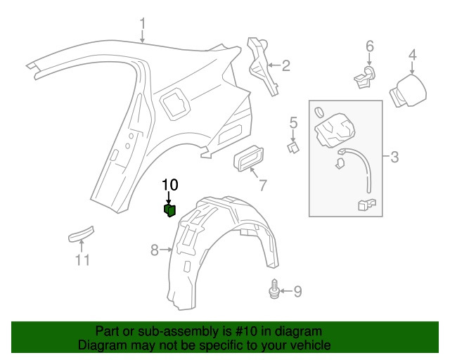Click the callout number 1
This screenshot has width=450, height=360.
click(143, 25)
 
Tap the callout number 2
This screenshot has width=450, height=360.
click(285, 67)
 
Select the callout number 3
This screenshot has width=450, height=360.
click(394, 157)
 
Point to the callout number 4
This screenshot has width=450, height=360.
click(413, 54)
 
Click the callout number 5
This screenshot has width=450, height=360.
click(293, 124)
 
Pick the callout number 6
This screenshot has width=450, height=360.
click(369, 47)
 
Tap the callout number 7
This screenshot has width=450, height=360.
click(263, 186)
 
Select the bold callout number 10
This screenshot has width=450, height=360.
click(169, 185)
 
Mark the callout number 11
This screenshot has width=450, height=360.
click(83, 261)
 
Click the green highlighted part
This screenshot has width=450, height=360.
click(169, 210)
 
